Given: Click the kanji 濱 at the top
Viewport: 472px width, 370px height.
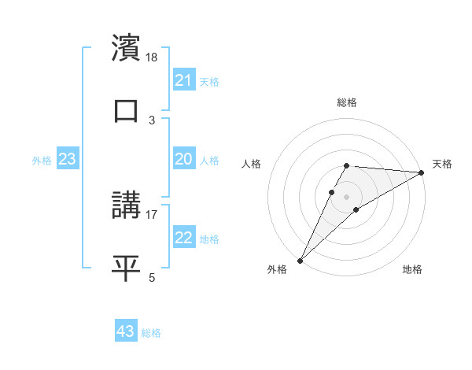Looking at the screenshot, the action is pyautogui.click(x=126, y=47).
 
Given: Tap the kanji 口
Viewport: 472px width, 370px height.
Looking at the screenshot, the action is pyautogui.click(x=126, y=110).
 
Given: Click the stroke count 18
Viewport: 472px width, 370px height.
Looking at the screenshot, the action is pyautogui.click(x=153, y=57).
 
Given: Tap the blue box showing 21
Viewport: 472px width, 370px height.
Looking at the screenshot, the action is pyautogui.click(x=184, y=80).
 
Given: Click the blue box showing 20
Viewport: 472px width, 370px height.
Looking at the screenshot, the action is pyautogui.click(x=184, y=159).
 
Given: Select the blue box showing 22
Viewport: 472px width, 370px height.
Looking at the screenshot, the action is pyautogui.click(x=184, y=238).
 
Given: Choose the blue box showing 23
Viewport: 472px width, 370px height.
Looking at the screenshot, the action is pyautogui.click(x=68, y=159).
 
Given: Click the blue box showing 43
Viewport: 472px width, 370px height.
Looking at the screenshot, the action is pyautogui.click(x=126, y=331).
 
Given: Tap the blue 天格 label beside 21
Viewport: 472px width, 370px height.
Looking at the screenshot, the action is pyautogui.click(x=209, y=81).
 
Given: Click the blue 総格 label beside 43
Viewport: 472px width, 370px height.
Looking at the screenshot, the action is pyautogui.click(x=151, y=332).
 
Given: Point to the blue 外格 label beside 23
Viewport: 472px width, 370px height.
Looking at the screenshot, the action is pyautogui.click(x=42, y=160).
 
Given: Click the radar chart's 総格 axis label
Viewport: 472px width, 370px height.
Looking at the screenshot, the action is pyautogui.click(x=346, y=102).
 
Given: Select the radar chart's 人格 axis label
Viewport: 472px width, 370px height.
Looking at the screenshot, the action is pyautogui.click(x=252, y=164).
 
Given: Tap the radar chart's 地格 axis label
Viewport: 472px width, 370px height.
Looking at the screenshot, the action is pyautogui.click(x=412, y=270).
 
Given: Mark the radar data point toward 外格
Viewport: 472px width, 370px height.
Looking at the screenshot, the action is pyautogui.click(x=300, y=260).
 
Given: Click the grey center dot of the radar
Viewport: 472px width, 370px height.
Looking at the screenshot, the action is pyautogui.click(x=346, y=195).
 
